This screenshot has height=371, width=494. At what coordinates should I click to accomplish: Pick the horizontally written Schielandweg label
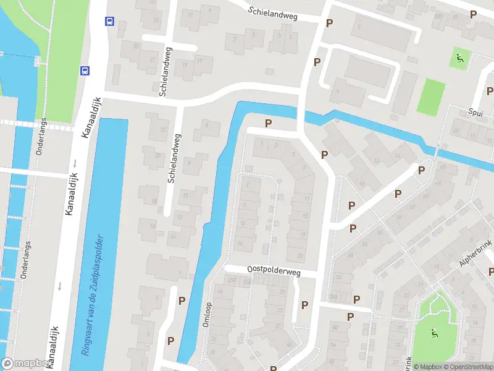[273, 14]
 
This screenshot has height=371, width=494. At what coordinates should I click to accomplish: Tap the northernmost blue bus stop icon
[109, 21]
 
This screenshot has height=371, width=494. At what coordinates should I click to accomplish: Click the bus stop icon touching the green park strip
[85, 70]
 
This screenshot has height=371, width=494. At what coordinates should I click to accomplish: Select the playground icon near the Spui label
[459, 59]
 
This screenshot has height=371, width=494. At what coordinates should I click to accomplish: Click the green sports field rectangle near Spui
[430, 96]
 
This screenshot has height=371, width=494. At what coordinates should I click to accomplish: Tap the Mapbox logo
[26, 364]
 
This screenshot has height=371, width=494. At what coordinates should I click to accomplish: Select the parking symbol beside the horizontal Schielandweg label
[329, 23]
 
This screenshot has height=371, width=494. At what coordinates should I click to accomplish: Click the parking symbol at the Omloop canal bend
[268, 124]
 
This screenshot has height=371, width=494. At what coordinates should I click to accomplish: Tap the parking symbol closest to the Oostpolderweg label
[304, 305]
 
